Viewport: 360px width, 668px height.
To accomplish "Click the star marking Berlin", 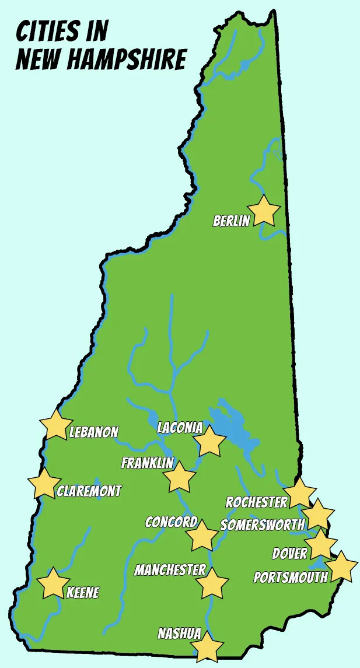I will tap(264, 211).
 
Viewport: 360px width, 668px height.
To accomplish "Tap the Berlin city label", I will tap(231, 221).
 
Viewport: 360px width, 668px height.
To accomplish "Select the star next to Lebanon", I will tap(56, 425).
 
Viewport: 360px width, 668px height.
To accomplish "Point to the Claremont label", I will tap(89, 491).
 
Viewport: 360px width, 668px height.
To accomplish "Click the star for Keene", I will tap(53, 583).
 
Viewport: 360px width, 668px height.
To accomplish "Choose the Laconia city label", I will tap(180, 428).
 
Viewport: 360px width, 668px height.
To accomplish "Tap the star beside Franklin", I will tap(179, 478).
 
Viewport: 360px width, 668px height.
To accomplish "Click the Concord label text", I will tap(171, 522).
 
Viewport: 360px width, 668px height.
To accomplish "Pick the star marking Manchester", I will tap(212, 583).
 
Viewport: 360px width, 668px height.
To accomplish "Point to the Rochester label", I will tap(256, 502).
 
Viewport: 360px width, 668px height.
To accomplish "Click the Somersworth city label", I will tap(262, 525).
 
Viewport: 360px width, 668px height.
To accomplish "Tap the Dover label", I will tap(289, 553).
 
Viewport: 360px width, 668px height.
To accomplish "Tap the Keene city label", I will tap(82, 593).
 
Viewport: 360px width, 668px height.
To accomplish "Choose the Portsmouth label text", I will tap(290, 577).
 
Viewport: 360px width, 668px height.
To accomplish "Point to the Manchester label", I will tap(170, 569).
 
